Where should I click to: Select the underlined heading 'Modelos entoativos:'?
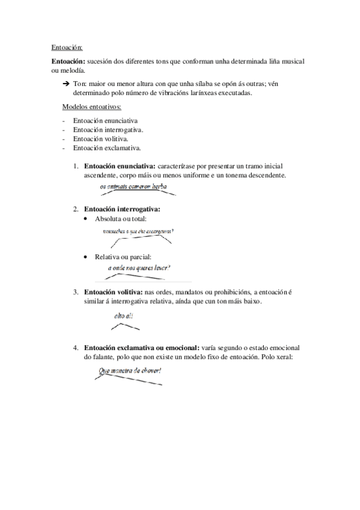coord(92,107)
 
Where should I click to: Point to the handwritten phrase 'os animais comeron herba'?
coord(133,187)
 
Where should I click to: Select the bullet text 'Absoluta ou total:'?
coord(121,219)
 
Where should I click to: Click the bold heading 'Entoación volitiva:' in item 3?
coord(109,292)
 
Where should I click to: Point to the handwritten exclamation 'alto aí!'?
coord(123,315)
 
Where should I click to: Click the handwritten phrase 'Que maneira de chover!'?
coord(130,371)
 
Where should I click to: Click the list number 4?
coord(76,348)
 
